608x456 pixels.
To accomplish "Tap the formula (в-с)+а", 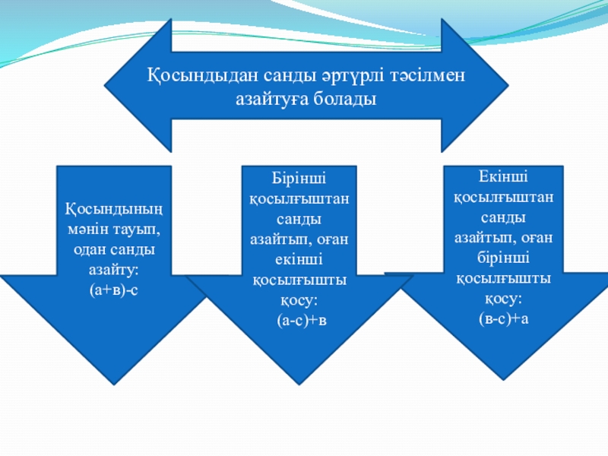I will [x=503, y=318].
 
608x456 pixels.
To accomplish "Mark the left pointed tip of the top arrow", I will [x=103, y=84].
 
